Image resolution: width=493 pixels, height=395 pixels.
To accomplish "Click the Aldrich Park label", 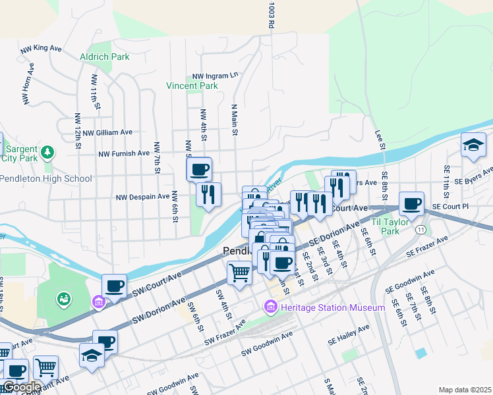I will click(x=104, y=57).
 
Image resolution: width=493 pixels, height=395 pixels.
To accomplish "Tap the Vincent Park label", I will click(x=192, y=86).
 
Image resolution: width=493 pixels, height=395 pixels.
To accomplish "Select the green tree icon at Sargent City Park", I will click(x=47, y=153).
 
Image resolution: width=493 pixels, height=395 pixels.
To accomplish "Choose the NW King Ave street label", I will click(x=41, y=49).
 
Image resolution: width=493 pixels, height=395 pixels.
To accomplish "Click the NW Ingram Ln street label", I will click(x=214, y=76).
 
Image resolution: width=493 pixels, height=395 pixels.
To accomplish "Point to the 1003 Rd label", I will click(x=270, y=14).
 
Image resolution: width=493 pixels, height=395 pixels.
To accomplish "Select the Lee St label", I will click(x=379, y=139).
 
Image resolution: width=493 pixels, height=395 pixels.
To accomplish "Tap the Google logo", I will click(x=21, y=387).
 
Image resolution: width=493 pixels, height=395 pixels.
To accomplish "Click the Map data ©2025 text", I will click(x=465, y=390).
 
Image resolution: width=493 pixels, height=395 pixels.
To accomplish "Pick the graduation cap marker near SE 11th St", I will click(x=473, y=145).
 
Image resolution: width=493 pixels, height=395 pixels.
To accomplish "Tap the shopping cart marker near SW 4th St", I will click(x=239, y=271).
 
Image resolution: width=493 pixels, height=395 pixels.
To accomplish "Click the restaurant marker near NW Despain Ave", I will click(x=208, y=194).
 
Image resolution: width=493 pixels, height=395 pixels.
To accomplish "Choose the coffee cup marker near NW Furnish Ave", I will click(x=199, y=170).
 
